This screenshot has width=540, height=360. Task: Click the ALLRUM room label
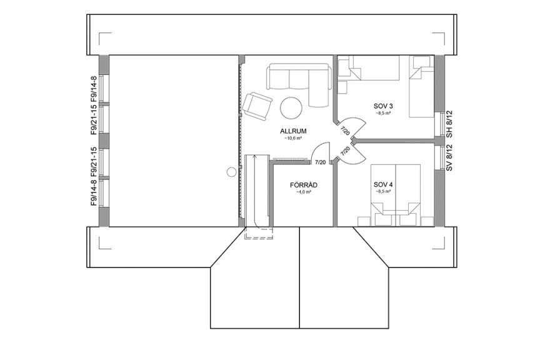coord(292,131)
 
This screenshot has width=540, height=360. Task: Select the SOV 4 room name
coord(383,185)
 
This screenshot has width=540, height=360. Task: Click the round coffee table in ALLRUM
coord(291,107)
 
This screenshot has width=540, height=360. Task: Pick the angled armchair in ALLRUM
coord(256,105)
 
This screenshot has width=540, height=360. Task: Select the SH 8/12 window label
coord(449,124)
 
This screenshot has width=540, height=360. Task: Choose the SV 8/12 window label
coord(449,157)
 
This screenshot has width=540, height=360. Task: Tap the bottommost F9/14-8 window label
coord(94,193)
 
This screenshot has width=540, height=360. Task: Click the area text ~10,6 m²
coord(292,139)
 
